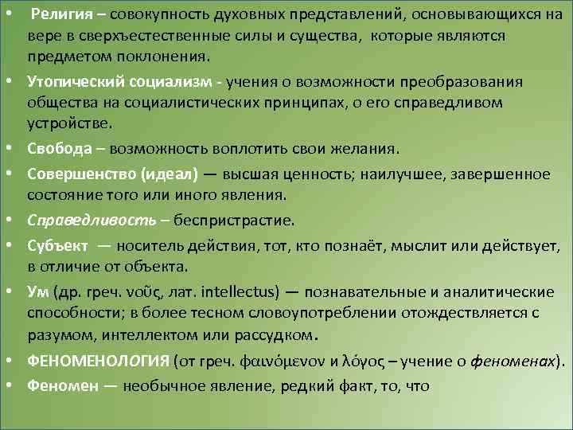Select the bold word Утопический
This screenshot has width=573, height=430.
click(x=75, y=82)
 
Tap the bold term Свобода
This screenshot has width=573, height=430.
click(x=57, y=149)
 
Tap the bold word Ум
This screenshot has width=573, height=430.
click(x=37, y=290)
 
